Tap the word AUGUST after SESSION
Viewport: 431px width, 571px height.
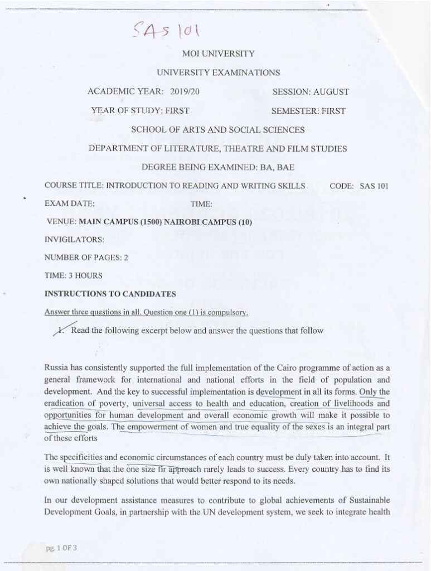(331, 91)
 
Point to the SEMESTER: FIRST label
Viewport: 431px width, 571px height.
(308, 110)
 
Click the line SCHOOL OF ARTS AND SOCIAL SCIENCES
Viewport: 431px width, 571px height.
(217, 129)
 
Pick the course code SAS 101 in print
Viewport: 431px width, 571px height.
(374, 186)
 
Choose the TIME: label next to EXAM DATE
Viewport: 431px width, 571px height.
(202, 204)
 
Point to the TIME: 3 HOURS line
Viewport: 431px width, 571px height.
(72, 275)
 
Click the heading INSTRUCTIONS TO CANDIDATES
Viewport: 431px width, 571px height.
(110, 293)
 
